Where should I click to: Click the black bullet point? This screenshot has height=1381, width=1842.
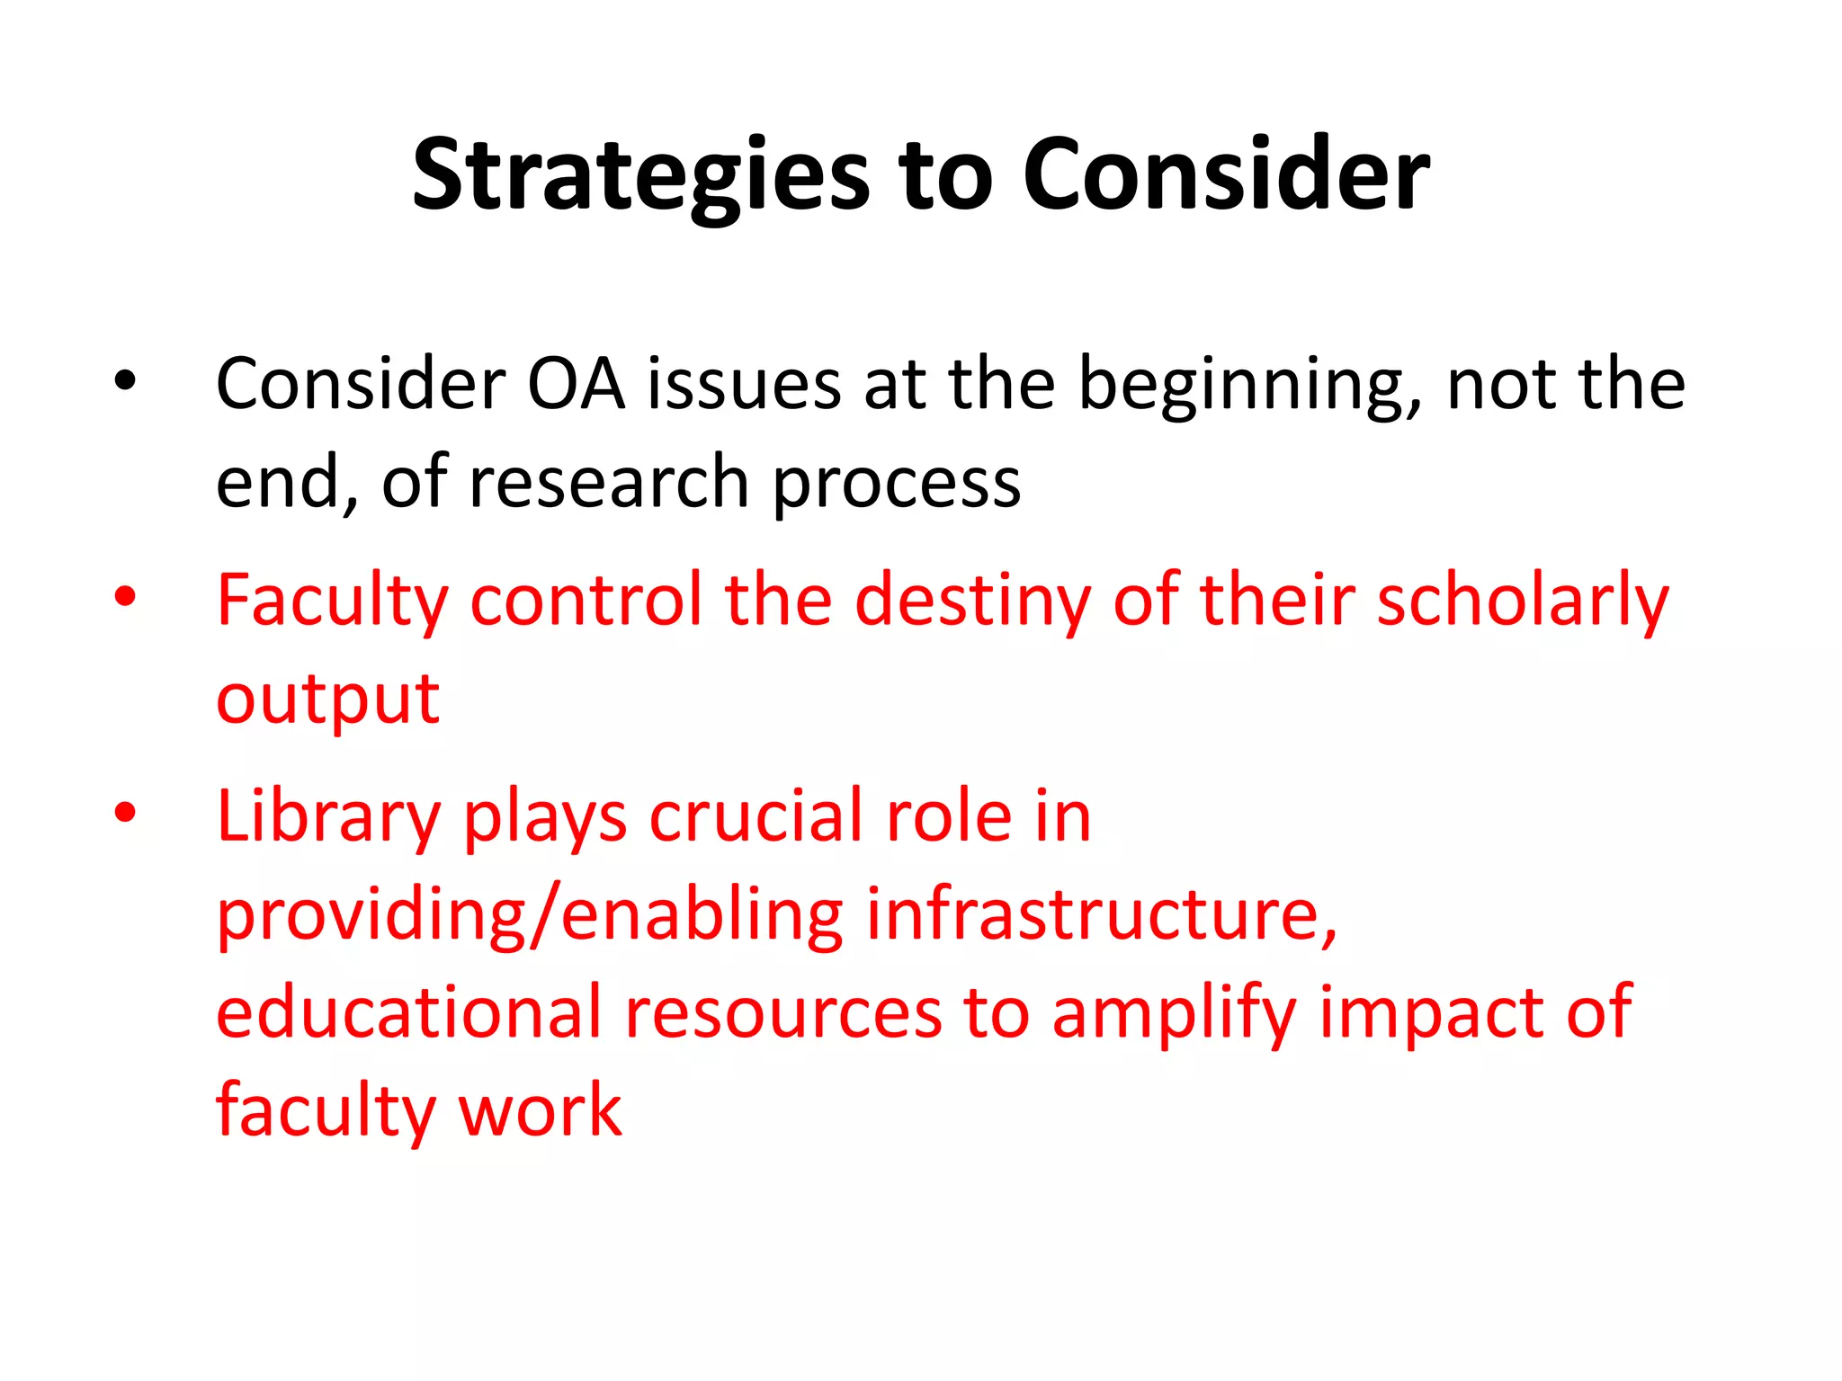point(125,381)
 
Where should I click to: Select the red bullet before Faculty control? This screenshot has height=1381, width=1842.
point(125,596)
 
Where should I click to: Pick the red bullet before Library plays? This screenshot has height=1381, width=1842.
point(125,813)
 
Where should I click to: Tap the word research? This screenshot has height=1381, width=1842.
point(609,483)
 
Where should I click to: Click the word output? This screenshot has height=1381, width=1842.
point(327,701)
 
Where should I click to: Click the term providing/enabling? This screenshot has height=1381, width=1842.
point(530,917)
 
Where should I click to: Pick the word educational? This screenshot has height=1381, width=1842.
point(408,1013)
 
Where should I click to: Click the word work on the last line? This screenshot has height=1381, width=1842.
point(540,1111)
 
